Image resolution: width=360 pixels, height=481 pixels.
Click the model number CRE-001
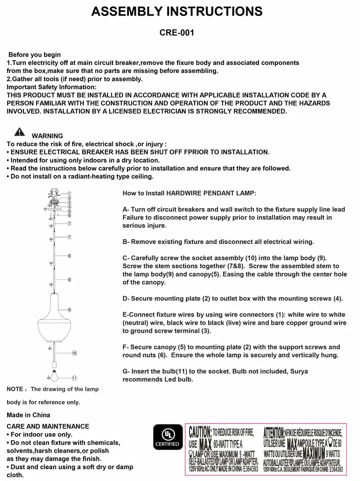click(x=177, y=33)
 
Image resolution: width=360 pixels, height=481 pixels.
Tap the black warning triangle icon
click(x=19, y=132)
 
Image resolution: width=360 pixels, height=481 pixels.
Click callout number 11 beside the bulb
click(x=74, y=378)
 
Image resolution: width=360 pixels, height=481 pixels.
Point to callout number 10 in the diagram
click(x=74, y=353)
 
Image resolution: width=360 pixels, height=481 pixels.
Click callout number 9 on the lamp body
click(x=69, y=310)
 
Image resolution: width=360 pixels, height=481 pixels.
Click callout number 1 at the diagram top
click(x=69, y=194)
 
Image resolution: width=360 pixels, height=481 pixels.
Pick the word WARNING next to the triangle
click(x=47, y=136)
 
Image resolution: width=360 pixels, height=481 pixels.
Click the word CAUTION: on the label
click(x=200, y=432)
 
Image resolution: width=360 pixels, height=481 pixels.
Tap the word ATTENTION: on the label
click(x=273, y=432)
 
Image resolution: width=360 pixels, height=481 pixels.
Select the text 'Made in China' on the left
click(x=28, y=415)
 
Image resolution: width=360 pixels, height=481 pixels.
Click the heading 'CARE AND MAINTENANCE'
click(x=47, y=427)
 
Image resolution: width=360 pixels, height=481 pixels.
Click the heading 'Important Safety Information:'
click(x=51, y=87)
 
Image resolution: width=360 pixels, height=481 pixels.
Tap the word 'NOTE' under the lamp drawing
click(x=14, y=389)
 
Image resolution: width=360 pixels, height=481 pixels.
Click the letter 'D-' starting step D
click(x=126, y=299)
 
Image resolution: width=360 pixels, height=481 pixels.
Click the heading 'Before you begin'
click(x=35, y=55)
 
